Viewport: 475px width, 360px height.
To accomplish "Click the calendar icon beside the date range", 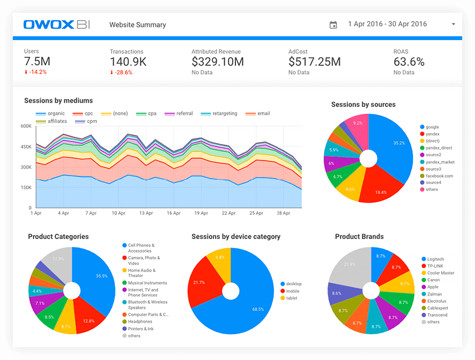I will point(333,25).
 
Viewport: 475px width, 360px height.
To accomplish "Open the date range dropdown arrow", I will point(453,25).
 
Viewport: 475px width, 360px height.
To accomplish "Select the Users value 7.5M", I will point(37,62).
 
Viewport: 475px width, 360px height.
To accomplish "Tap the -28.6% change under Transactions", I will point(121,72).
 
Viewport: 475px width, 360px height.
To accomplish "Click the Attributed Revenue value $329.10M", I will point(218,62).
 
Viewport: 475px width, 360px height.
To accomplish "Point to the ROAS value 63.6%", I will point(409,62).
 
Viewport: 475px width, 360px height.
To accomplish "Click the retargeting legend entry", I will point(219,113).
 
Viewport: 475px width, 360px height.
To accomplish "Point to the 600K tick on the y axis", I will point(26,126).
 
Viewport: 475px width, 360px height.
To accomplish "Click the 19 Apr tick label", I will point(201,213).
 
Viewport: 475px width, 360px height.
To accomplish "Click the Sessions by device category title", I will point(236,236).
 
